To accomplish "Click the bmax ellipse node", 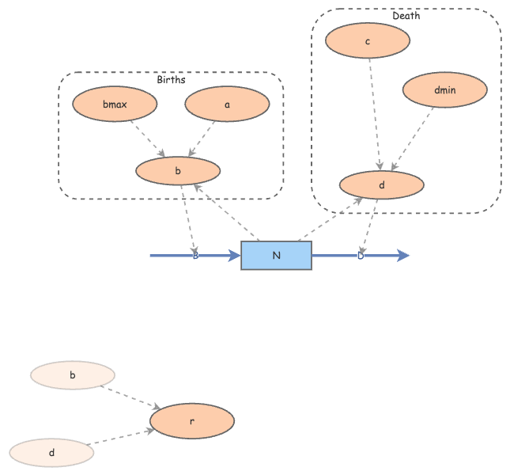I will [x=115, y=104].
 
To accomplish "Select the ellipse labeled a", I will [x=227, y=104].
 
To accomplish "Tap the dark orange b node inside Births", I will [x=178, y=170].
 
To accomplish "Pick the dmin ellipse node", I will [x=445, y=90].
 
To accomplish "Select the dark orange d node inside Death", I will [x=381, y=184].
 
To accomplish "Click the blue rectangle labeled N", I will [x=276, y=255].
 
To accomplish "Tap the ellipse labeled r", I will [x=192, y=421].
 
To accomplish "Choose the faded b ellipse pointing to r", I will [x=73, y=375].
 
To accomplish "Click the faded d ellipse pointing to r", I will [x=51, y=453].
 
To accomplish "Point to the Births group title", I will [x=171, y=80].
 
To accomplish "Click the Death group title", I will [x=406, y=16].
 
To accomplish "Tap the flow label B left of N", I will [x=195, y=255].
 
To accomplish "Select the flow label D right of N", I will [x=361, y=255].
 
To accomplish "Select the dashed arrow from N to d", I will [x=330, y=219].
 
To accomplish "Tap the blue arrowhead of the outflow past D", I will [x=403, y=255].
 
